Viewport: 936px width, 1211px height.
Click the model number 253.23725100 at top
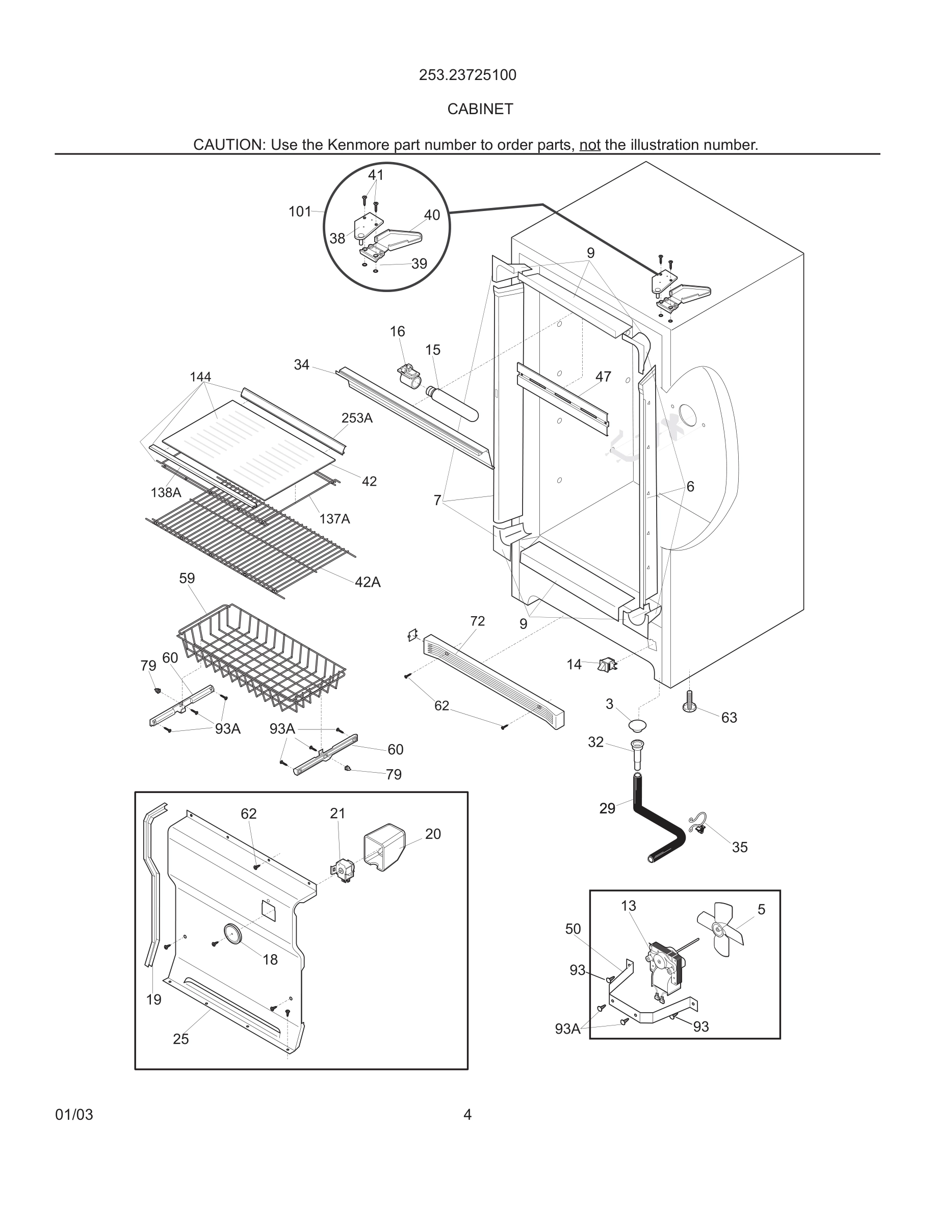[467, 75]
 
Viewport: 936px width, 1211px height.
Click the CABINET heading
[480, 109]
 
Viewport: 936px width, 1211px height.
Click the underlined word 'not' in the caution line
[589, 145]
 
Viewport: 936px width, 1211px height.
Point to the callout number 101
[299, 211]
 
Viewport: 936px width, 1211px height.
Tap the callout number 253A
[356, 418]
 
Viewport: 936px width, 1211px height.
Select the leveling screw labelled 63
[689, 702]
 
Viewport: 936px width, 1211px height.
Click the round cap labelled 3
[638, 725]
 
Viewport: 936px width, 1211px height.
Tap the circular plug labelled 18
[232, 933]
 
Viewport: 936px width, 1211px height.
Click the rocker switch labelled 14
[607, 664]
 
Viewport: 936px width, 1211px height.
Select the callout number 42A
[368, 582]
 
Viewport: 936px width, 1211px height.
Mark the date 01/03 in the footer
[74, 1115]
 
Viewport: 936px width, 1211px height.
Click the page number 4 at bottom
[467, 1115]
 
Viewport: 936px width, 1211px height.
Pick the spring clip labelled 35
[698, 825]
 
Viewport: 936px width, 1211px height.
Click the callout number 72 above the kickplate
[477, 621]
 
